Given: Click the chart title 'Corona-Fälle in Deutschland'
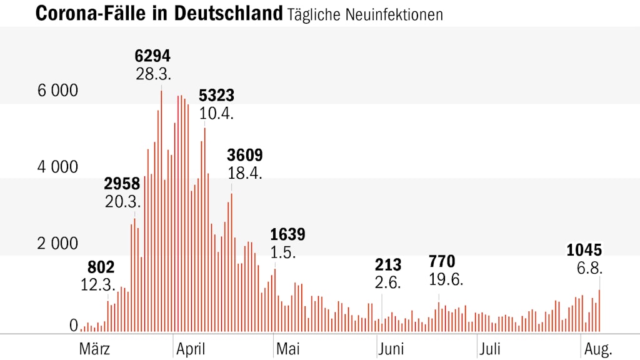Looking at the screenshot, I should pyautogui.click(x=159, y=13).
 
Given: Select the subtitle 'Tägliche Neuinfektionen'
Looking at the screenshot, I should pyautogui.click(x=365, y=14).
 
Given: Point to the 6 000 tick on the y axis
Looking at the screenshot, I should pyautogui.click(x=58, y=91).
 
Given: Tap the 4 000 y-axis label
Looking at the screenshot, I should pyautogui.click(x=58, y=167).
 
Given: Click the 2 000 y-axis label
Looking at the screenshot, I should pyautogui.click(x=58, y=244).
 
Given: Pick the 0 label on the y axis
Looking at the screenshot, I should pyautogui.click(x=74, y=325).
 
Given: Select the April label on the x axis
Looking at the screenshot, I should pyautogui.click(x=190, y=348).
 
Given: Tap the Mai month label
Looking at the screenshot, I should pyautogui.click(x=287, y=348).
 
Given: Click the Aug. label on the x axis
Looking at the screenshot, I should pyautogui.click(x=597, y=348).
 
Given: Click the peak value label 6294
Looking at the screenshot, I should pyautogui.click(x=153, y=56).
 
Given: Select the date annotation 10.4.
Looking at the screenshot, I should pyautogui.click(x=216, y=114).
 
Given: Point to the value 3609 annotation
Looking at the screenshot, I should pyautogui.click(x=245, y=155).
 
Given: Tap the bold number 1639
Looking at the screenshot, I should pyautogui.click(x=287, y=234).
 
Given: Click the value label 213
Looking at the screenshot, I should pyautogui.click(x=388, y=264).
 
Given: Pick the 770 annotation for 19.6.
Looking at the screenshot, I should pyautogui.click(x=442, y=261).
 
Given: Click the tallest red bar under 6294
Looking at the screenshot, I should pyautogui.click(x=161, y=212).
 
